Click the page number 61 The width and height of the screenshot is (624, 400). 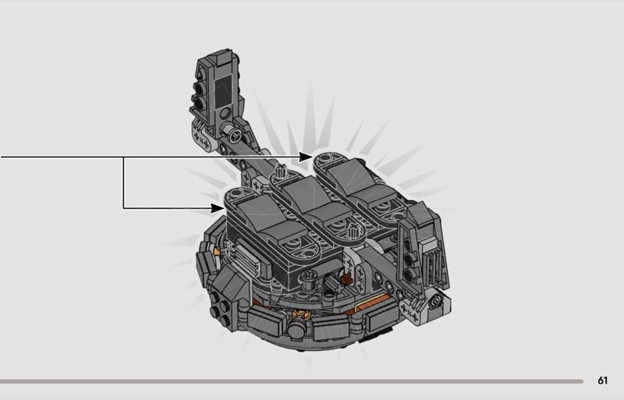pos(602,381)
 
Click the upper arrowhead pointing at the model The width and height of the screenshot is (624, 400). pos(306,157)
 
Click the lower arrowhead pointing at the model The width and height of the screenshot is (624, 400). pos(218,207)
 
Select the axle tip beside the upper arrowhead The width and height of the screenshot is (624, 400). pos(281,172)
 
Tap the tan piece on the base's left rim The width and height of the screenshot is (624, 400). pos(217,251)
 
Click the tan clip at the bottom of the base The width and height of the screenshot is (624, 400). pos(300,314)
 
